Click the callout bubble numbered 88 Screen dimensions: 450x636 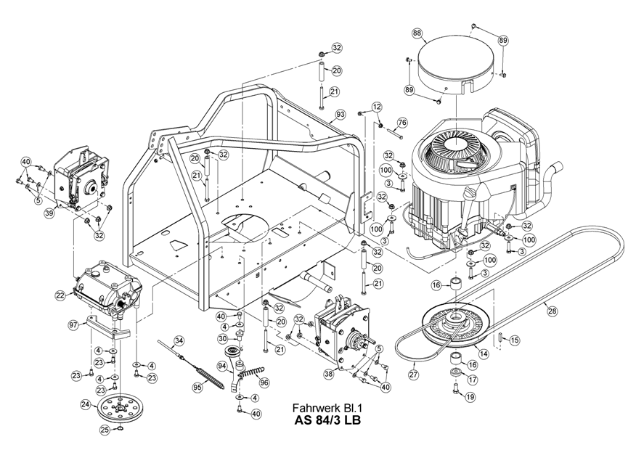pos(417,33)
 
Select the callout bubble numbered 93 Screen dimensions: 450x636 pos(340,115)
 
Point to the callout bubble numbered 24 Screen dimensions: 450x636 pos(86,404)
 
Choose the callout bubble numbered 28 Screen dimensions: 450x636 pos(553,311)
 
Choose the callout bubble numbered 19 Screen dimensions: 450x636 pos(470,397)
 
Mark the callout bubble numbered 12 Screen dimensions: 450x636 pos(376,107)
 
